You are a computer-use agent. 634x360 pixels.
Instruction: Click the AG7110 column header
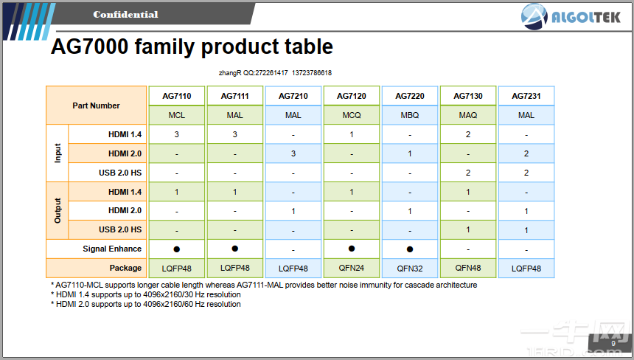click(177, 96)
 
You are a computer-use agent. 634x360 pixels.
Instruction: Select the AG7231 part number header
click(526, 96)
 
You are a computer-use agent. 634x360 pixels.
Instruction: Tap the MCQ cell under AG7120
click(352, 115)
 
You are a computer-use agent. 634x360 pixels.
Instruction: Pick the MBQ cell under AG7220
click(410, 115)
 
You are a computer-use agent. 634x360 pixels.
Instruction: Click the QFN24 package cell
click(352, 268)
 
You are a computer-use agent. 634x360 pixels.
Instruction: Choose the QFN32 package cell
click(410, 269)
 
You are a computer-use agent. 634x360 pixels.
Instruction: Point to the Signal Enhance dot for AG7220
click(410, 249)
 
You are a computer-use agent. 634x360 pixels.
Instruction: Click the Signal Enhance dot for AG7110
click(177, 249)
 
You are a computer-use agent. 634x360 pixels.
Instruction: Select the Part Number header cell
click(97, 105)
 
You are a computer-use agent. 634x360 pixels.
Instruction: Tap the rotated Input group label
click(58, 153)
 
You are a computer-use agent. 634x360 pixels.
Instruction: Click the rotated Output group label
click(58, 211)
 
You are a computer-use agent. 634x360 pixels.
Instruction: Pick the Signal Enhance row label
click(112, 249)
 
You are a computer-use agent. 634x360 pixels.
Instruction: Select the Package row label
click(125, 268)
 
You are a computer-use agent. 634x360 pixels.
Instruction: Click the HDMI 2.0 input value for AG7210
click(293, 153)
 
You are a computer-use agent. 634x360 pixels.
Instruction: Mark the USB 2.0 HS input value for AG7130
click(468, 173)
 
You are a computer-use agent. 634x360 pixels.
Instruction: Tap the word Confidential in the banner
click(125, 15)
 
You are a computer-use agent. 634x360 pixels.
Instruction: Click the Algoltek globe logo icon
click(534, 16)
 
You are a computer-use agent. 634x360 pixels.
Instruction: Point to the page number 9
click(613, 344)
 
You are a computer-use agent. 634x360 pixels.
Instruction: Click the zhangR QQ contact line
click(276, 73)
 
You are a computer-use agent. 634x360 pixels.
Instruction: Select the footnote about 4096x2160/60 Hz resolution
click(145, 304)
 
